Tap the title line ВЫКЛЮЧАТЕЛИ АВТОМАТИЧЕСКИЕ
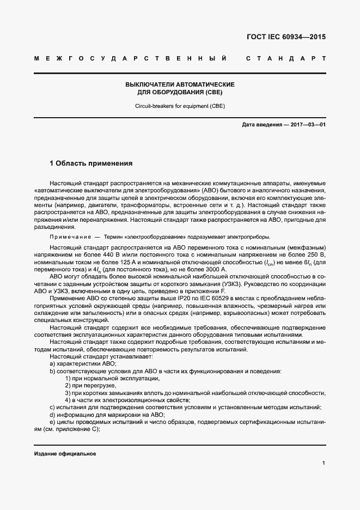(180, 85)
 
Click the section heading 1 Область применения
(91, 163)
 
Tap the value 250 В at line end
(318, 254)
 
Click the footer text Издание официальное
(65, 453)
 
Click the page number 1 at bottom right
(324, 463)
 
